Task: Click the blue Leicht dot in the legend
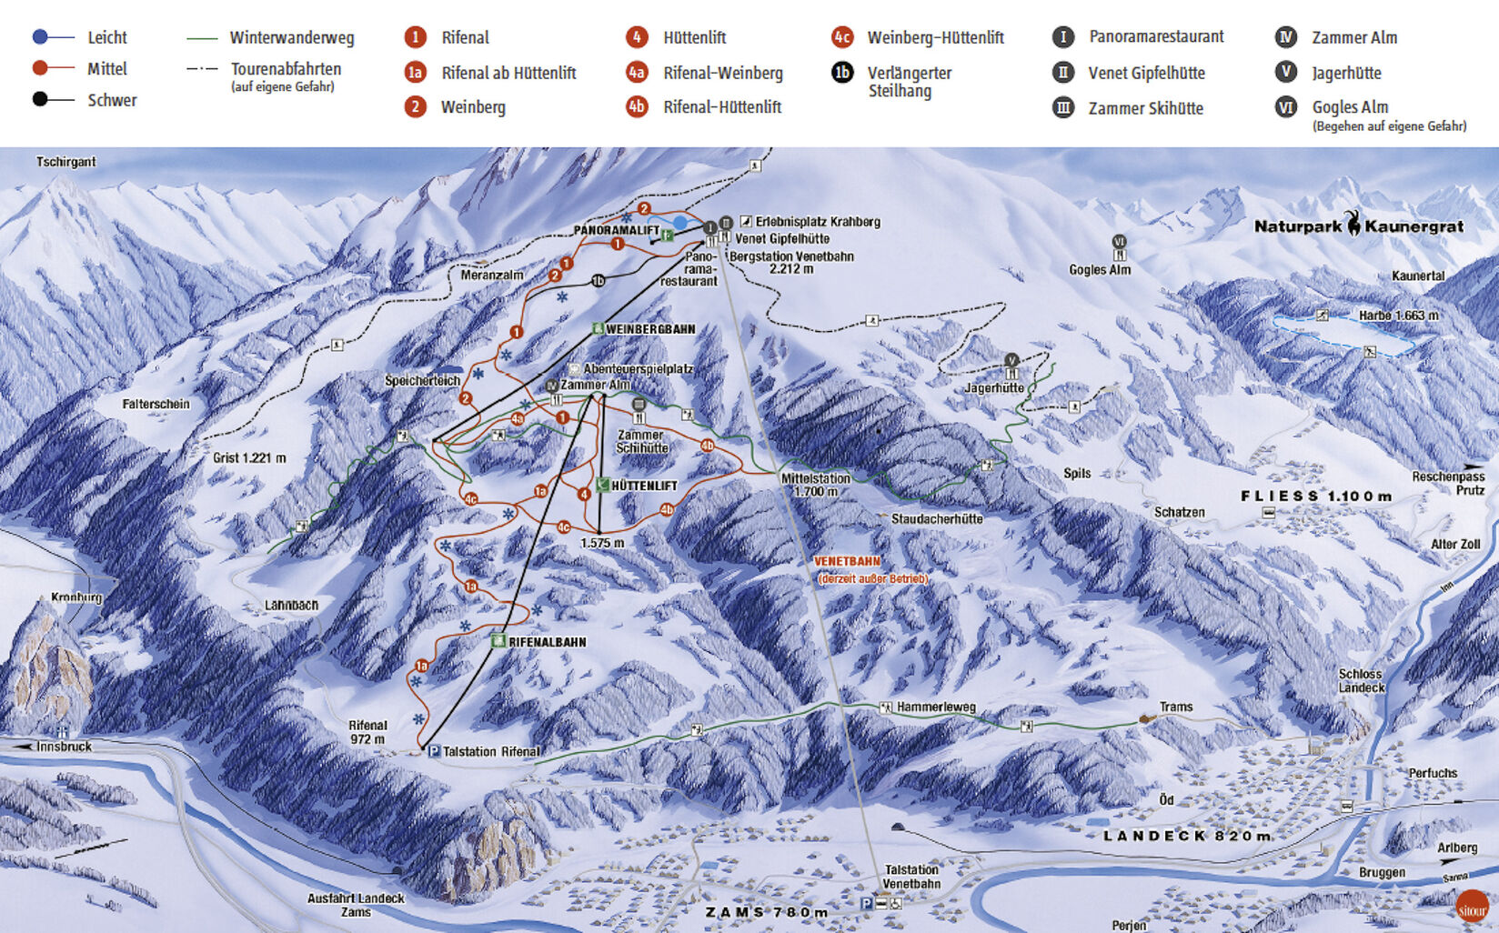click(x=40, y=37)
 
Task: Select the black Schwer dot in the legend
click(x=40, y=99)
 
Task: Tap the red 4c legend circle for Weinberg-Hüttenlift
click(x=842, y=37)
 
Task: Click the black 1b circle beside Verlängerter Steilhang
click(x=842, y=73)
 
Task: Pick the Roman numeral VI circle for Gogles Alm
click(x=1285, y=107)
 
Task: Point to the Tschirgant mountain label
click(x=65, y=162)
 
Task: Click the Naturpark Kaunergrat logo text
click(x=1359, y=226)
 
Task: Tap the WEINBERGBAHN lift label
click(x=649, y=329)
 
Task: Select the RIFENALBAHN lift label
click(x=547, y=642)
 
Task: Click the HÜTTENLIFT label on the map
click(x=644, y=487)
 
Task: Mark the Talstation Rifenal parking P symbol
click(x=434, y=752)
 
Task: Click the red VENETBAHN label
click(x=847, y=562)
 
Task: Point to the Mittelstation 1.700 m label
click(x=816, y=485)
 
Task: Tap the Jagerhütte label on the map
click(x=994, y=388)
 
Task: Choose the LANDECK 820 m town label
click(x=1187, y=836)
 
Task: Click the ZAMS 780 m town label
click(x=767, y=912)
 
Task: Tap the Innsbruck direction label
click(x=64, y=747)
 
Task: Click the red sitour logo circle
click(x=1472, y=908)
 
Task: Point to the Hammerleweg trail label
click(x=936, y=707)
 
